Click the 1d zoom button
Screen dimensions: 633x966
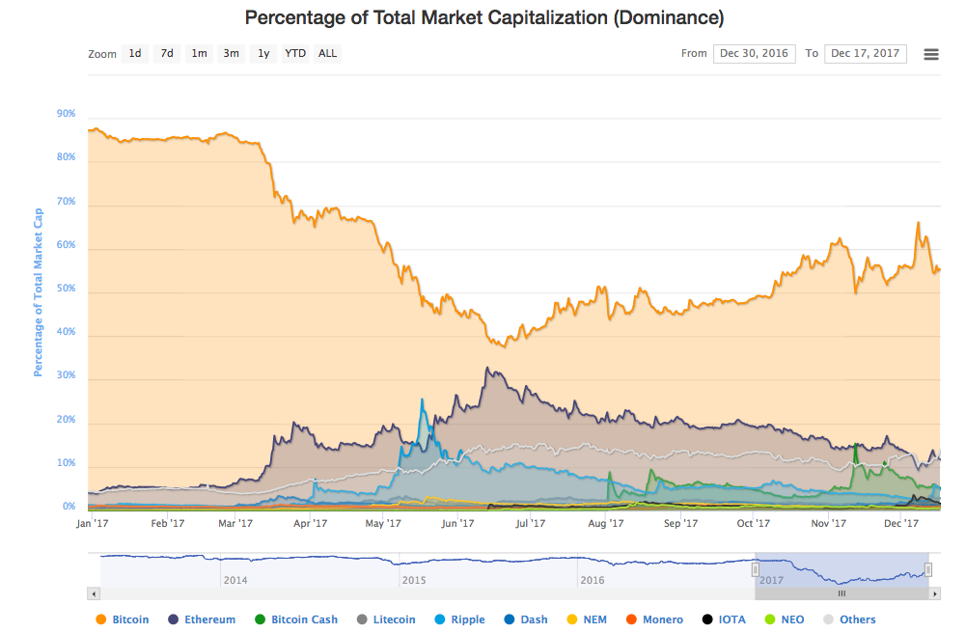[135, 54]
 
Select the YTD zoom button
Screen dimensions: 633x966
[295, 54]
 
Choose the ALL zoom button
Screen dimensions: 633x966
[328, 54]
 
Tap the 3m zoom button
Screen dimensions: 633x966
[232, 54]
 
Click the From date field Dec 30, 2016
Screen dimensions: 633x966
[755, 54]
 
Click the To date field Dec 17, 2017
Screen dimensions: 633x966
[866, 54]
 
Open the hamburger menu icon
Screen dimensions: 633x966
[931, 54]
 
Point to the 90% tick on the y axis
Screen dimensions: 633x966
[66, 114]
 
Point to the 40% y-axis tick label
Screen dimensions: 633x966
[66, 334]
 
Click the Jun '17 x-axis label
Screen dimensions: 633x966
[457, 524]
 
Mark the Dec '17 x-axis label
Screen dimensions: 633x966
[900, 524]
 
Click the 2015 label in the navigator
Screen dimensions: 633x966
[414, 580]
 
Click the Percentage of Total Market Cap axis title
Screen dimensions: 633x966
[39, 291]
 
